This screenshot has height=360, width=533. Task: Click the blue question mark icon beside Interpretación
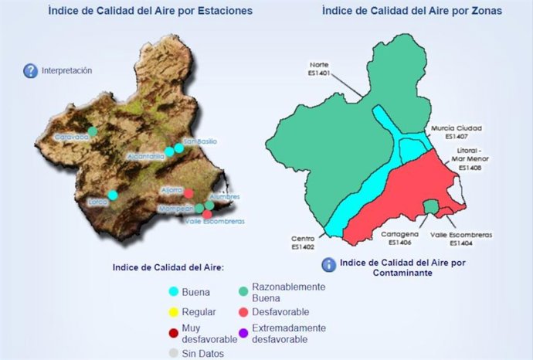coord(31,71)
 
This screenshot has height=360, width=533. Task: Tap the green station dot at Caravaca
coord(93,131)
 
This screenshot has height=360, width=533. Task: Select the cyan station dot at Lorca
coord(113,195)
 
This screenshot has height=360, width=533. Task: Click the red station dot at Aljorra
coord(188,192)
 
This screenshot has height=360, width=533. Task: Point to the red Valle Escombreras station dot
coord(208,213)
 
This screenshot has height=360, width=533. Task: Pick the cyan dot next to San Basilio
coord(178,148)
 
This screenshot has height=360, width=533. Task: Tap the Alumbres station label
coord(225,197)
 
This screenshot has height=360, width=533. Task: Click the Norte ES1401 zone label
coord(319,69)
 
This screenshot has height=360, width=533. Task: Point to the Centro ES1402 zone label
coord(302,243)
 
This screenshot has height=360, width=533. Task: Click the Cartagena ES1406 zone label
coord(400,237)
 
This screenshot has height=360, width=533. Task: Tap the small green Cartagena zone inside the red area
coord(431,207)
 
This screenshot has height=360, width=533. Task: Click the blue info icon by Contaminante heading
coord(329,264)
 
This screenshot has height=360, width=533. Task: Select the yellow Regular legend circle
coord(174,312)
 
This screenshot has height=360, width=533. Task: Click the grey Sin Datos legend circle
coord(174,354)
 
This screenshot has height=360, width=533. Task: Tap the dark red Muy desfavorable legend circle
coord(174,333)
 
